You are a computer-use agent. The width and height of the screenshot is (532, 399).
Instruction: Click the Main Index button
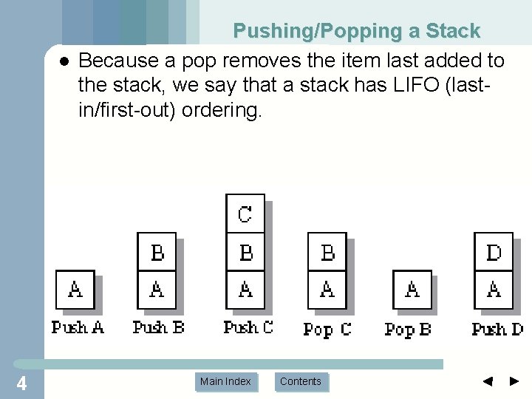(x=225, y=381)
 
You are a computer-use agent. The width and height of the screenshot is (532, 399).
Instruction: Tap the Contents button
(x=301, y=381)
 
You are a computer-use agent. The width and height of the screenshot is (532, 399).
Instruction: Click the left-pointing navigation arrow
(x=487, y=381)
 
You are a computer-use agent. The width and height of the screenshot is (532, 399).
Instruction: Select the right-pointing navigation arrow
(x=515, y=381)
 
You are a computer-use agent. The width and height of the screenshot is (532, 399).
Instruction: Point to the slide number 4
(x=21, y=383)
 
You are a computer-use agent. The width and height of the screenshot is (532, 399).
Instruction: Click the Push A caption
(x=78, y=327)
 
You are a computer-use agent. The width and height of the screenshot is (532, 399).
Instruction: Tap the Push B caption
(x=158, y=327)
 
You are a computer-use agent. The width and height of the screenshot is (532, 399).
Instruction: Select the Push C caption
(x=248, y=327)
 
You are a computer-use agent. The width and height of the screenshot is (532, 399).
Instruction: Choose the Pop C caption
(x=327, y=329)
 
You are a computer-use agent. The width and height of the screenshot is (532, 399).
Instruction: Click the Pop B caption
(x=408, y=329)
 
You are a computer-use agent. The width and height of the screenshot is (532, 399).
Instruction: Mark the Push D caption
(x=497, y=328)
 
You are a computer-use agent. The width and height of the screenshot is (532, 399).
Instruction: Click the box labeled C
(x=245, y=214)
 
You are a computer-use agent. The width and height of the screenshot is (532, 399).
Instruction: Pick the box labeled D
(x=494, y=253)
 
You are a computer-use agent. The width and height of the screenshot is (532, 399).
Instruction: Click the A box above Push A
(x=75, y=290)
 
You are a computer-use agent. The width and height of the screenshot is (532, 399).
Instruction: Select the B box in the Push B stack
(x=157, y=253)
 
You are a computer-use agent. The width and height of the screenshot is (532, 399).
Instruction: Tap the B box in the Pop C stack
(x=327, y=253)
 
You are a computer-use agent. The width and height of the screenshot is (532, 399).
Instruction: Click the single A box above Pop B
(x=412, y=290)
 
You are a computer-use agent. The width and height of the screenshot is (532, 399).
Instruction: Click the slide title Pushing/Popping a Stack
(x=357, y=31)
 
